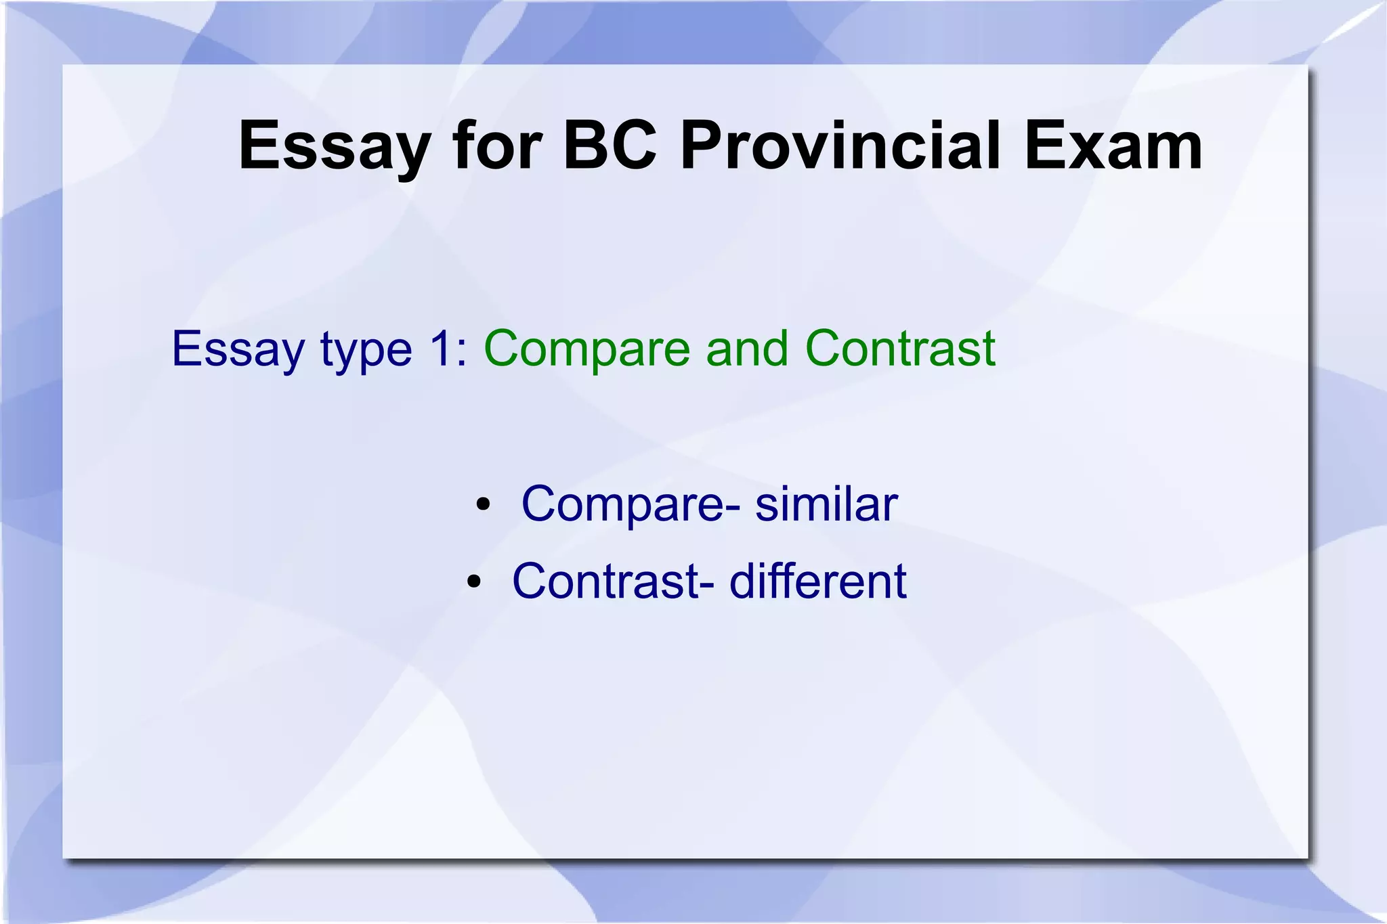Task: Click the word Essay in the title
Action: tap(335, 146)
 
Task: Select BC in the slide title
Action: tap(610, 146)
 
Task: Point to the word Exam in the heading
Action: tap(1113, 146)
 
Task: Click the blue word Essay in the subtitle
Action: tap(238, 350)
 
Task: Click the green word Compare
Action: tap(587, 350)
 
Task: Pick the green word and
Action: tap(747, 349)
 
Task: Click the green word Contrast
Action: tap(900, 349)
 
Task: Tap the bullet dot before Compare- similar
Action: tap(482, 505)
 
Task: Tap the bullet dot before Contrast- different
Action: tap(473, 581)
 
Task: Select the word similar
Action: tap(826, 505)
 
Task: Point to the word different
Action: tap(817, 581)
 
